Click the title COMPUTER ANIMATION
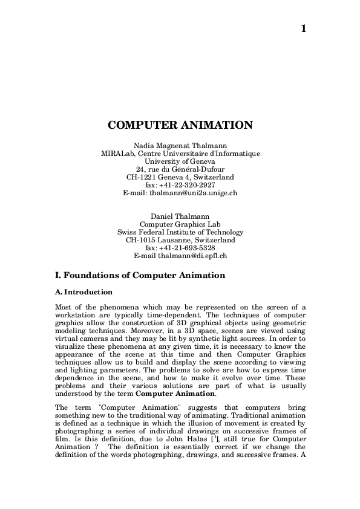180,126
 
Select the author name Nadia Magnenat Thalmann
180,146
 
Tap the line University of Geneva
180,161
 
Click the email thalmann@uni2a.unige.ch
193,193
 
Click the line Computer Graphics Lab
180,224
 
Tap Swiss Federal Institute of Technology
180,232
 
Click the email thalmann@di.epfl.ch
192,256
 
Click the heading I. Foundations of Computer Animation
140,276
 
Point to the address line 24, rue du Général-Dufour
180,169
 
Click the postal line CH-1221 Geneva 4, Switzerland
180,177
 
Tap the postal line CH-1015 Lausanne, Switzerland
180,240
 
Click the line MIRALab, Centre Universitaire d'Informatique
180,154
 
